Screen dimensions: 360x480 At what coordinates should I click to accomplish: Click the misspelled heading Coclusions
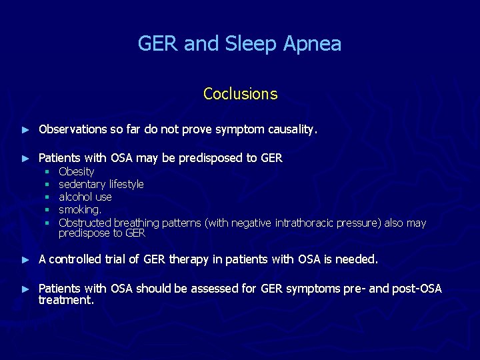240,94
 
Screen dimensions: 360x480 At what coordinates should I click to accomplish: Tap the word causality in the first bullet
290,129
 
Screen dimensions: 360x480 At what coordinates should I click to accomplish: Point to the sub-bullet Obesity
77,171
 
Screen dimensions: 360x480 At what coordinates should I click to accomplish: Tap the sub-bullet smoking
80,210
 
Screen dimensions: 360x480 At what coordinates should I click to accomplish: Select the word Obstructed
85,223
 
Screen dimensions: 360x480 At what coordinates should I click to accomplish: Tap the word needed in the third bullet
356,259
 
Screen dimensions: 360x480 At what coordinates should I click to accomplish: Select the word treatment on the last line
66,300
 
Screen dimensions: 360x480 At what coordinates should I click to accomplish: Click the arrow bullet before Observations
26,129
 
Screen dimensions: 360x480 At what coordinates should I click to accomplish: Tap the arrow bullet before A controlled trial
26,259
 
